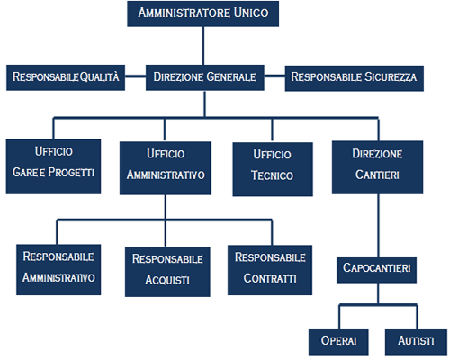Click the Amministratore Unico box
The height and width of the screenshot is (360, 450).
[203, 13]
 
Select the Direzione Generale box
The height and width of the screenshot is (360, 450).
[205, 77]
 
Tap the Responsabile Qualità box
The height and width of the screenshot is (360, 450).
[66, 77]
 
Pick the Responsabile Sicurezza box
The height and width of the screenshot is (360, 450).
[355, 78]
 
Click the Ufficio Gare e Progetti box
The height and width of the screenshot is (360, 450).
[53, 166]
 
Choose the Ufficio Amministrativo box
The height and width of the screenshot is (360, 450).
[166, 168]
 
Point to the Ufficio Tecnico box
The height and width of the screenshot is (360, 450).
[273, 169]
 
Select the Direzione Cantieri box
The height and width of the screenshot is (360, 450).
[377, 167]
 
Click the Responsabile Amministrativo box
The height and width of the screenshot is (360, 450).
[58, 270]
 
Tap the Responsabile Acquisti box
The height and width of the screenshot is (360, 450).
[167, 272]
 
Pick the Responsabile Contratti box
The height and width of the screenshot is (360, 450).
[270, 270]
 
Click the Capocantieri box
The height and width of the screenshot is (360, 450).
[376, 270]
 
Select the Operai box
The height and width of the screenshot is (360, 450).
[338, 342]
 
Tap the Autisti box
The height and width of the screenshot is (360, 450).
[416, 342]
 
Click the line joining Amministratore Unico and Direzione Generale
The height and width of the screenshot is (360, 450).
[203, 46]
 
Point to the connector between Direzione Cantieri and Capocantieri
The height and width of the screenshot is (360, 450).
[378, 225]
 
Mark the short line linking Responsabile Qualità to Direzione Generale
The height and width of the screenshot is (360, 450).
[135, 76]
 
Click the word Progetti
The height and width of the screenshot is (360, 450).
[71, 172]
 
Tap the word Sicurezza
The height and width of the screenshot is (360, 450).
[391, 76]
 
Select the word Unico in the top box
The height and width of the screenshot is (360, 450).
[251, 13]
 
